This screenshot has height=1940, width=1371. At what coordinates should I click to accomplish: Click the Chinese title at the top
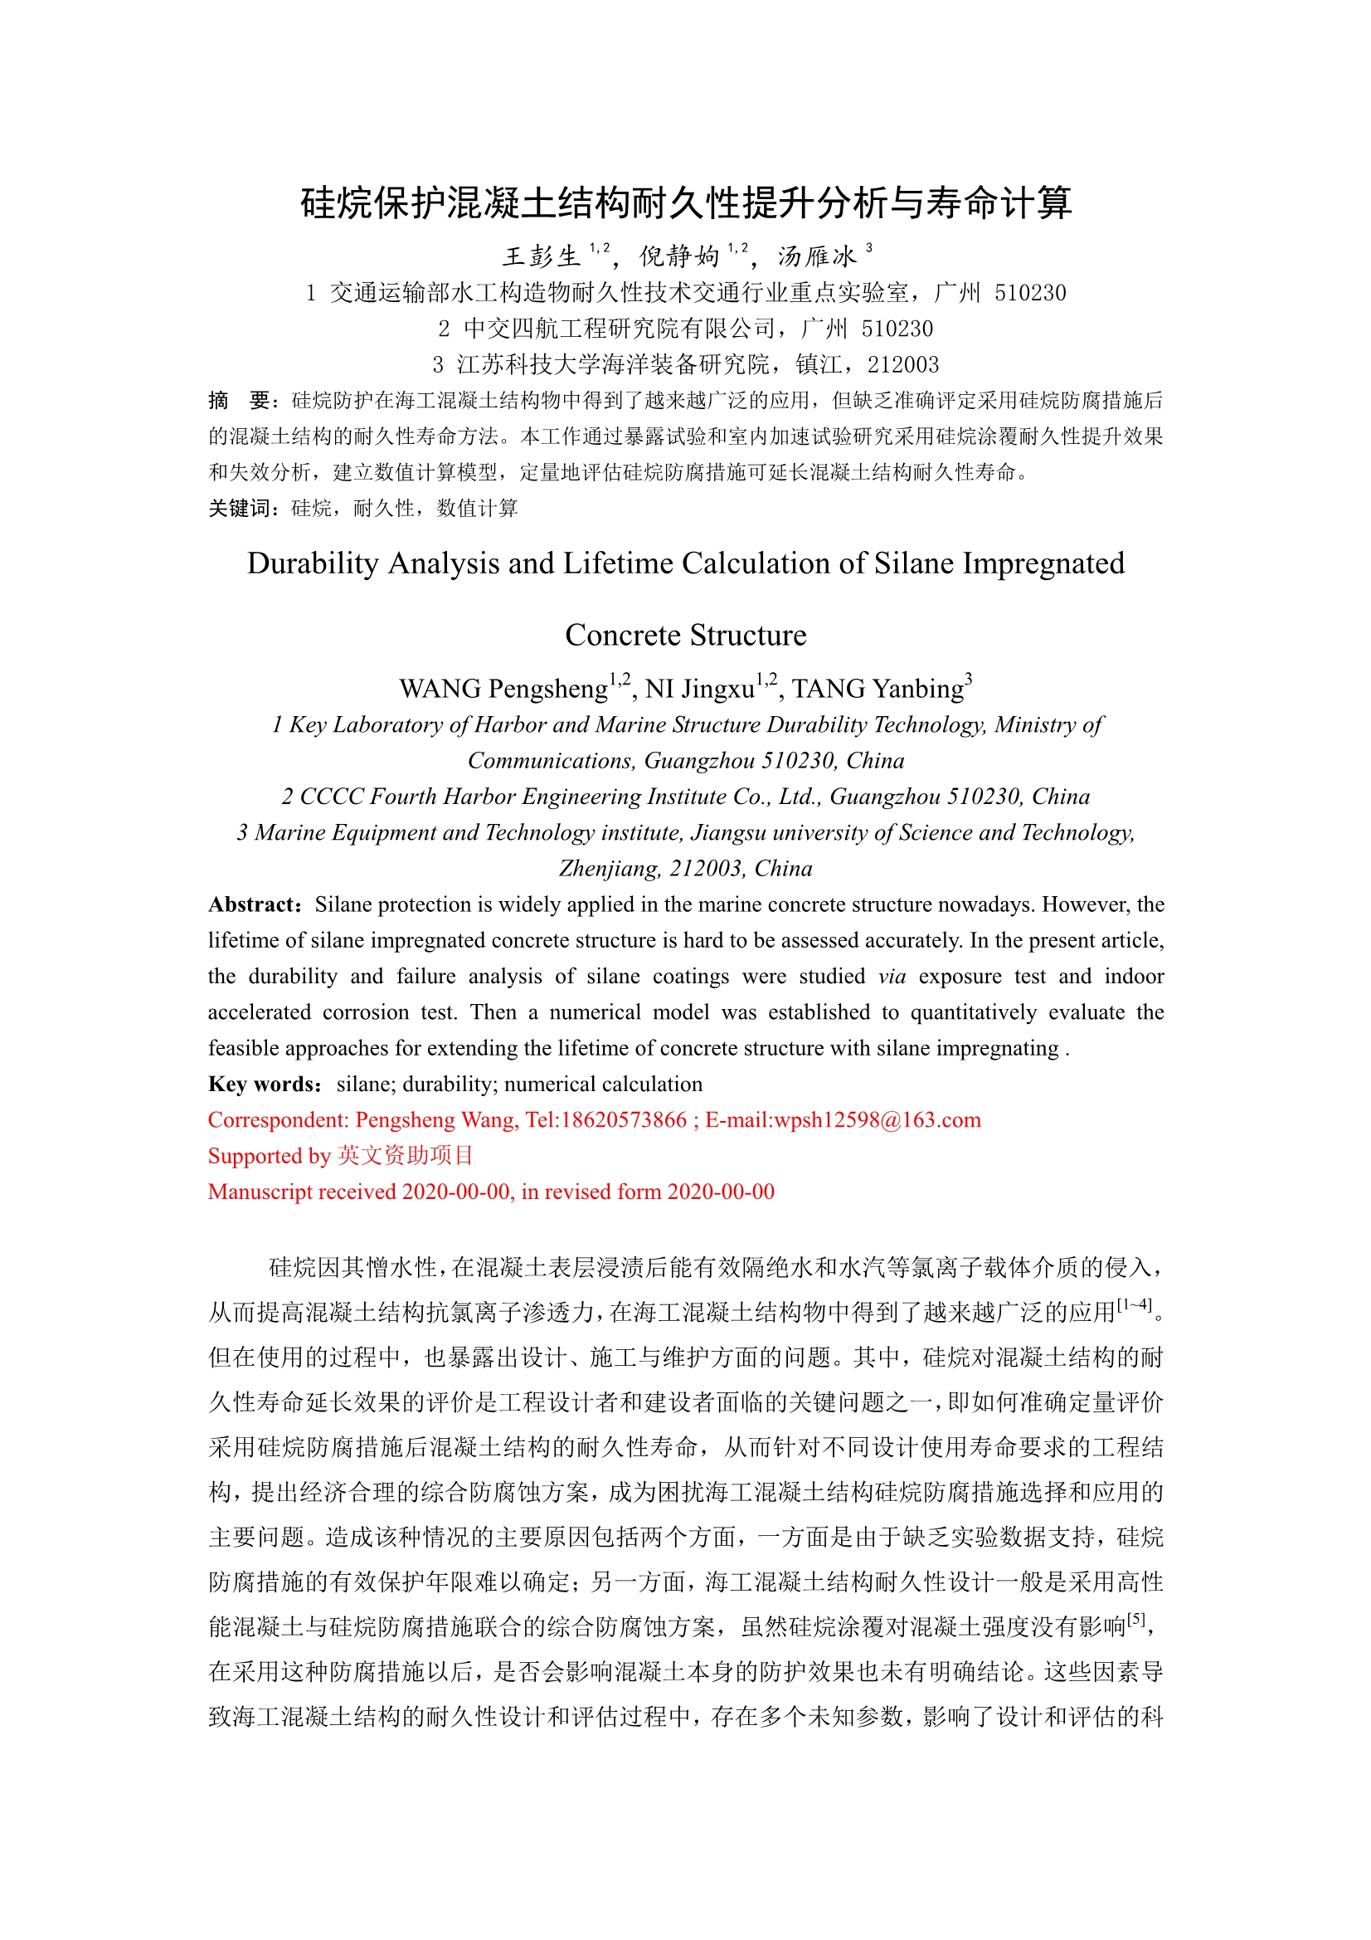point(685,202)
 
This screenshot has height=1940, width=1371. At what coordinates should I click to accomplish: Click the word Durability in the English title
point(312,563)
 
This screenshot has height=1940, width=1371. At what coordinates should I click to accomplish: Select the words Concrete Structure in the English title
point(685,635)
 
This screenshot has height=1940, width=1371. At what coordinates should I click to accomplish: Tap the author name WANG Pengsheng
point(503,689)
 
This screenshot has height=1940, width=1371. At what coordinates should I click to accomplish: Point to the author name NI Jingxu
point(699,689)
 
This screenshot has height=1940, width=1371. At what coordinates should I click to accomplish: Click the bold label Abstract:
point(255,905)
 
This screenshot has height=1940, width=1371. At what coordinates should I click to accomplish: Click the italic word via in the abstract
point(892,977)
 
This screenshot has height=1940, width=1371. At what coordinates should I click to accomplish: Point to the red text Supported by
point(270,1156)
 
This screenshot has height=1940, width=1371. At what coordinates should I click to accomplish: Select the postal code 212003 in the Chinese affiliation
point(903,365)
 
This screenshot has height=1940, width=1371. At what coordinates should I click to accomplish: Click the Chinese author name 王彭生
point(542,256)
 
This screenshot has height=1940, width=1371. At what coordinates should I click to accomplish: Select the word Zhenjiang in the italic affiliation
point(608,869)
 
